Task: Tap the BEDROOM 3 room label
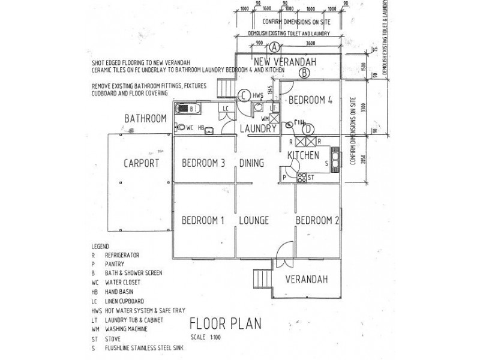(x=203, y=163)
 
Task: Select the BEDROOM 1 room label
(x=203, y=220)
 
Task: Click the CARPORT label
(x=140, y=163)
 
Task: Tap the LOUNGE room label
(x=254, y=220)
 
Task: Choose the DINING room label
(x=253, y=163)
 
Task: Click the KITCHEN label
(x=303, y=155)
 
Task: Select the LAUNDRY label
(x=257, y=128)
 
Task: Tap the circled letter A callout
(x=274, y=47)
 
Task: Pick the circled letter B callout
(x=304, y=73)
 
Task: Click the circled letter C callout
(x=244, y=95)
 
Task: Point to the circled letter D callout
(x=308, y=128)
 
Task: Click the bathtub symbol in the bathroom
(x=190, y=109)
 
